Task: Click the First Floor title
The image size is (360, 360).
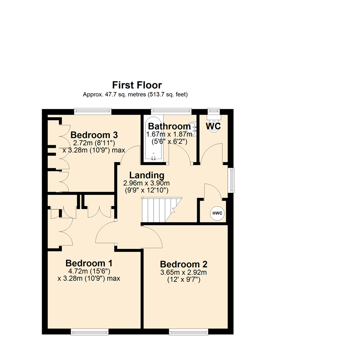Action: [137, 85]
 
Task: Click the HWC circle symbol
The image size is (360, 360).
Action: [217, 213]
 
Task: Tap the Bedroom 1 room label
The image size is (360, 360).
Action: [89, 263]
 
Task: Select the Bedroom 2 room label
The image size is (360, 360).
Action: [184, 264]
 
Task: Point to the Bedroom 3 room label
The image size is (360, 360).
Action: [94, 135]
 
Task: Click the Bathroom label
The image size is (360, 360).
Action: [169, 127]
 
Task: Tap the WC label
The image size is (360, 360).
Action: [213, 127]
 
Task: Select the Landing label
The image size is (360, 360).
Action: [147, 175]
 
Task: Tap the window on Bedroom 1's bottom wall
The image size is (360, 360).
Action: [90, 332]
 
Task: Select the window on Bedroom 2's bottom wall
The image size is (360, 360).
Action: [188, 332]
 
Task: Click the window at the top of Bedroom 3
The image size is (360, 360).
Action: [93, 111]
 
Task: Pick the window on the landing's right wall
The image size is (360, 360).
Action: [231, 180]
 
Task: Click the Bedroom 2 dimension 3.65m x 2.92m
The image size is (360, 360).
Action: [184, 273]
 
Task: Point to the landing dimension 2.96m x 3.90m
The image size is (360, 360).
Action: [147, 183]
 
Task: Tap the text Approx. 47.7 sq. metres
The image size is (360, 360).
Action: [110, 95]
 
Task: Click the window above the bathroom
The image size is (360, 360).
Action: [171, 111]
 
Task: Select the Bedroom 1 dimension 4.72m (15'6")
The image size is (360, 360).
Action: [89, 271]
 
